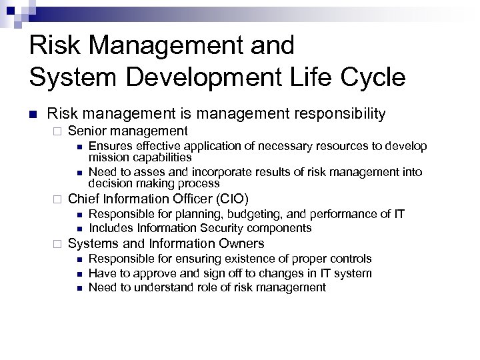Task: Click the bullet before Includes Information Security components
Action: pyautogui.click(x=79, y=229)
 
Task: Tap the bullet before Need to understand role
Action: pyautogui.click(x=79, y=288)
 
